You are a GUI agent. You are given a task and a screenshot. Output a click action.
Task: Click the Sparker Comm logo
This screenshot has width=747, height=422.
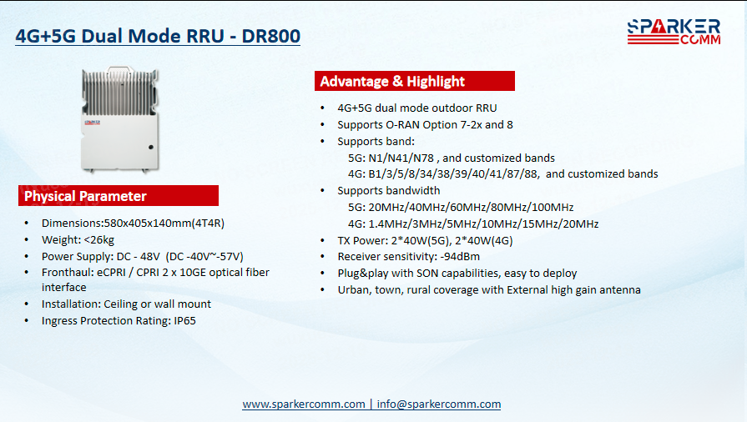pos(674,32)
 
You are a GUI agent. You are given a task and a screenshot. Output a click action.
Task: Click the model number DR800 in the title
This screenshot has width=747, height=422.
pos(270,36)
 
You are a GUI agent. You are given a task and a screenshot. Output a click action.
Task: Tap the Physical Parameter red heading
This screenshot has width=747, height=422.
pos(119,196)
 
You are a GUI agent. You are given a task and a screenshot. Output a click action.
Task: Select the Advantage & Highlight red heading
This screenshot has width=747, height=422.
pos(415,81)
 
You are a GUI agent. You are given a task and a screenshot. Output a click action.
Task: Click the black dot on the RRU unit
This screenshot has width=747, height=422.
pos(151,147)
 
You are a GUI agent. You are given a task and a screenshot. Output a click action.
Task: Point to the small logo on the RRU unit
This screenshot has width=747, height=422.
pos(93,123)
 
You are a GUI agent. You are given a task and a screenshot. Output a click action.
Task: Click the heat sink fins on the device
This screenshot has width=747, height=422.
pos(119,92)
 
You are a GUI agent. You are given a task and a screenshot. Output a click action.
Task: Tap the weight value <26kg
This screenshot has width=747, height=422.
pos(98,239)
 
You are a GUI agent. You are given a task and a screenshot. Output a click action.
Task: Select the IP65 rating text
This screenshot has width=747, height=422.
pos(184,320)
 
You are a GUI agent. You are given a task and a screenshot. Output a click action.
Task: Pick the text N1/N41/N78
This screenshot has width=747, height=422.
pos(401,158)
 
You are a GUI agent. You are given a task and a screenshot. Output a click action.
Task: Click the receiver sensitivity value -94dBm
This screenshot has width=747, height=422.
pos(460,256)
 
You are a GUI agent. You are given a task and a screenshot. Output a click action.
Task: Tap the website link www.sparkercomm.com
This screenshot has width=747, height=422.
pos(304,404)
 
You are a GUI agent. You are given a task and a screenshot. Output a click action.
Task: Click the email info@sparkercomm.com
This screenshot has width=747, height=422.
pos(439,404)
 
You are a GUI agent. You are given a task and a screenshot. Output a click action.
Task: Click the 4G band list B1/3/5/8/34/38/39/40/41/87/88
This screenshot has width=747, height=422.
pos(453,173)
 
